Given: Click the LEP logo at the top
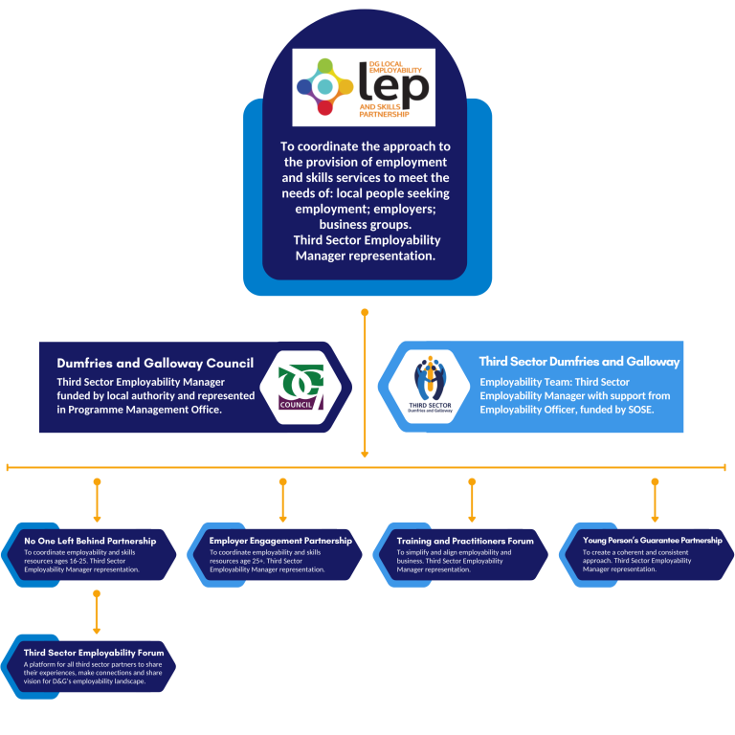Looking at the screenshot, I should [363, 87].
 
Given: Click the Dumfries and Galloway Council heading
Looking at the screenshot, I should [155, 364].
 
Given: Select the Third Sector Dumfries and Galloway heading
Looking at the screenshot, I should [579, 362].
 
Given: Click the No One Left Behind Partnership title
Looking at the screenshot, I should [90, 542].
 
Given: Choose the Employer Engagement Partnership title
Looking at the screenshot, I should [280, 541].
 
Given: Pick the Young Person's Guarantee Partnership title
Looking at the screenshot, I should [653, 540].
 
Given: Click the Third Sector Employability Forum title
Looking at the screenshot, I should [94, 654].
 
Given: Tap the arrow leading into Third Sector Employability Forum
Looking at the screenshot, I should [97, 612].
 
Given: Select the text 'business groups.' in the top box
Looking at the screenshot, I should [365, 225].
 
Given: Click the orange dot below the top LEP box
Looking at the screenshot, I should [365, 312].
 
